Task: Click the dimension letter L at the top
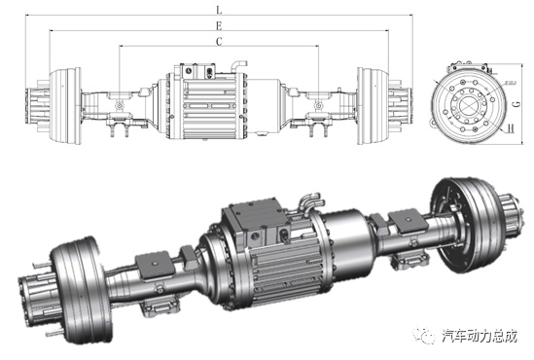[x=219, y=10]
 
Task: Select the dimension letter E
[x=219, y=26]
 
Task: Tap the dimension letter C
[x=219, y=41]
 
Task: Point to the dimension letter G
[x=517, y=103]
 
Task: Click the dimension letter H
[x=511, y=128]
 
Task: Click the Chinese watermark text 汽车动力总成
[x=480, y=336]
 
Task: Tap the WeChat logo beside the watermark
[x=424, y=336]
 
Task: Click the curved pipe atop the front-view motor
[x=238, y=64]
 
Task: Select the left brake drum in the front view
[x=65, y=106]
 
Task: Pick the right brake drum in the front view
[x=373, y=106]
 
